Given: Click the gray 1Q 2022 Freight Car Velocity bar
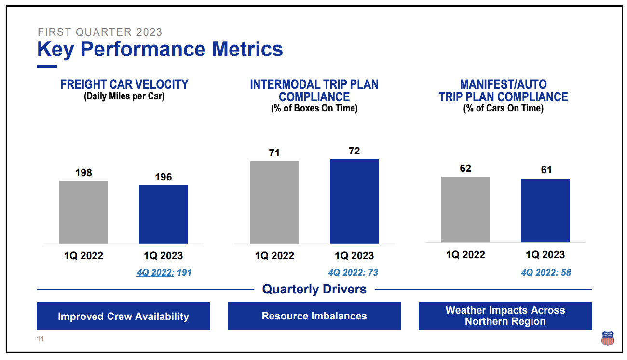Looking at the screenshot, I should pyautogui.click(x=83, y=212).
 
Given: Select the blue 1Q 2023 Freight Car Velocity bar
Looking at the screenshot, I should pyautogui.click(x=163, y=214).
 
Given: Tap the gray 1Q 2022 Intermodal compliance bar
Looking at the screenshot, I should pyautogui.click(x=274, y=202).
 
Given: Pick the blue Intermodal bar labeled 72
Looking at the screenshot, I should pyautogui.click(x=354, y=201).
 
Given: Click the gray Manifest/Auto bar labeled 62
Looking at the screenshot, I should pyautogui.click(x=465, y=209).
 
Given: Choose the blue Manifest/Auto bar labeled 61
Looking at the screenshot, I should pyautogui.click(x=545, y=210).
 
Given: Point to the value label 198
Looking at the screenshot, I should pyautogui.click(x=83, y=173).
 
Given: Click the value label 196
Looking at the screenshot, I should pyautogui.click(x=163, y=177).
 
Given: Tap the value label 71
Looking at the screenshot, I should pyautogui.click(x=274, y=153).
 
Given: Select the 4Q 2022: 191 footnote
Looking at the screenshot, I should pyautogui.click(x=164, y=273).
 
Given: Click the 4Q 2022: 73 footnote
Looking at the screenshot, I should pyautogui.click(x=353, y=273).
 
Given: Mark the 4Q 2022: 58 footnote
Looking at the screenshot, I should pyautogui.click(x=545, y=273).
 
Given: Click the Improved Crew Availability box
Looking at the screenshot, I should pyautogui.click(x=123, y=317).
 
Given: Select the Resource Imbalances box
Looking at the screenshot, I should pyautogui.click(x=314, y=316).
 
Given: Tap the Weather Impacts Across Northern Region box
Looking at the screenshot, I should pyautogui.click(x=505, y=316).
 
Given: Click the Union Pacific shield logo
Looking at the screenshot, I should pyautogui.click(x=608, y=338).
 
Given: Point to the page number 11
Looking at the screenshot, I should pyautogui.click(x=41, y=339).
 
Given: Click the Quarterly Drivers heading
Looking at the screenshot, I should pyautogui.click(x=314, y=289).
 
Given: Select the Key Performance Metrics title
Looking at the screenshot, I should pyautogui.click(x=160, y=49).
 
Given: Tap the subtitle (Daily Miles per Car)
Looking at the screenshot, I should pyautogui.click(x=124, y=96).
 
